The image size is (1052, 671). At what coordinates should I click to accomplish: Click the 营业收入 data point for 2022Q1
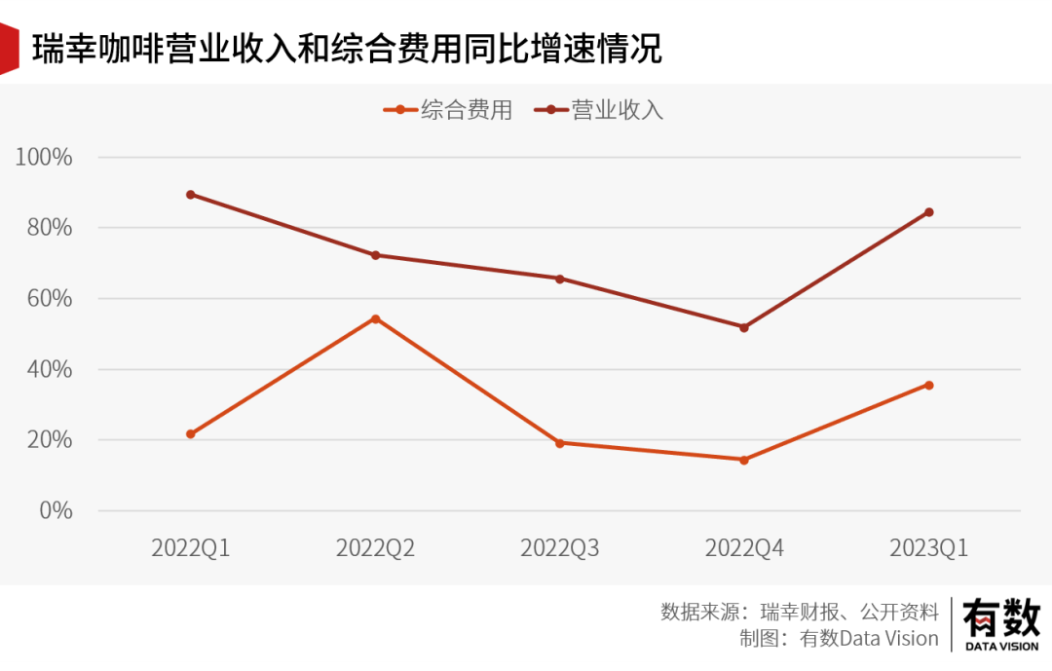coord(191,195)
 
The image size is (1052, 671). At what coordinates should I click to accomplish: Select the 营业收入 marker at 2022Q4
coord(744,327)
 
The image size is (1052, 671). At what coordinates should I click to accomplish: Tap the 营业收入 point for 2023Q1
coord(929,212)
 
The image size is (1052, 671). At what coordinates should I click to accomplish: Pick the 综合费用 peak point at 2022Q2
coord(375,318)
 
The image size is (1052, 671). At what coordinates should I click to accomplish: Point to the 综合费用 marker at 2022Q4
coord(744,460)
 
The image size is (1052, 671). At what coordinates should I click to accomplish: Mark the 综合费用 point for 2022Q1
coord(191,434)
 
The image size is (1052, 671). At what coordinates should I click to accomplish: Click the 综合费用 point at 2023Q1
coord(929,385)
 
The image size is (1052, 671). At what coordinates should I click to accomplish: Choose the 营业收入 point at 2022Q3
coord(560,279)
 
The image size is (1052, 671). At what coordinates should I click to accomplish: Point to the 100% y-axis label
coord(44,157)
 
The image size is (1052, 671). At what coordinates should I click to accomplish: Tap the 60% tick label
coord(49,299)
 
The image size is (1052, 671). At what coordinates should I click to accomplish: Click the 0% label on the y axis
coord(55,510)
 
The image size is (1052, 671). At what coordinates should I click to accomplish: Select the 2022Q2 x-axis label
coord(375,548)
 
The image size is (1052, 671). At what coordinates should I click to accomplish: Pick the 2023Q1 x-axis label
coord(929,548)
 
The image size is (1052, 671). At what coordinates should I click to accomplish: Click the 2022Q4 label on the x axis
coord(744,548)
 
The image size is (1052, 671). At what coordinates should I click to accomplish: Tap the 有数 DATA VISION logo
coord(1001,624)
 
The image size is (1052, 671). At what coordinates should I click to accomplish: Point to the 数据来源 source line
coord(799,612)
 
